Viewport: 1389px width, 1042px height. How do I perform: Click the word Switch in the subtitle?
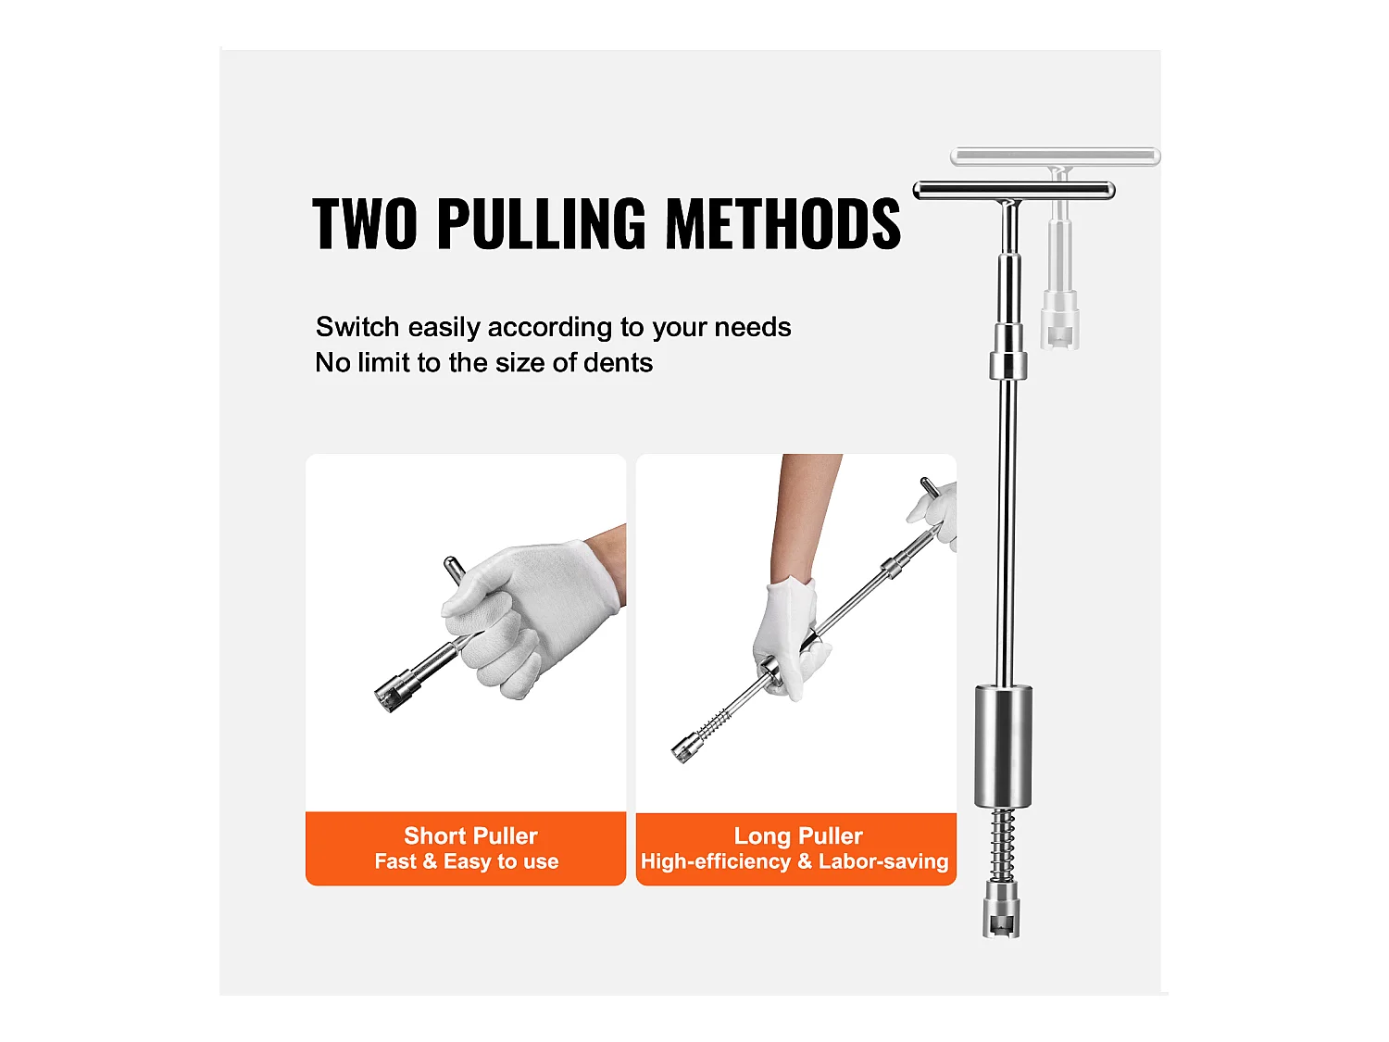click(357, 327)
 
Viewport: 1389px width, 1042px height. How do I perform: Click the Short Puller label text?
click(470, 835)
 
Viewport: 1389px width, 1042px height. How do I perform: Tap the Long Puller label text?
click(798, 835)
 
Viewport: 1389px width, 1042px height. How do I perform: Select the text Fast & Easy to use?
click(467, 861)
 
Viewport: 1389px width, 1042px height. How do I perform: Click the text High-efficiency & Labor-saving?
click(795, 861)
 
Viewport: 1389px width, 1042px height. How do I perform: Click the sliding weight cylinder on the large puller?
click(1003, 747)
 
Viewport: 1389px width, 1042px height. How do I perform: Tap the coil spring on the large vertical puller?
click(1002, 846)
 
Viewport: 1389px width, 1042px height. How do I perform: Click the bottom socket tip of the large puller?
click(1001, 910)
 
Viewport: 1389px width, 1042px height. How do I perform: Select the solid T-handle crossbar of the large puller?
click(1014, 190)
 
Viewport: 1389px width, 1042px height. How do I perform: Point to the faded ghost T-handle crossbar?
click(1056, 157)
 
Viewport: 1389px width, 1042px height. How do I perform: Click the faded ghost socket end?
click(1059, 320)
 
